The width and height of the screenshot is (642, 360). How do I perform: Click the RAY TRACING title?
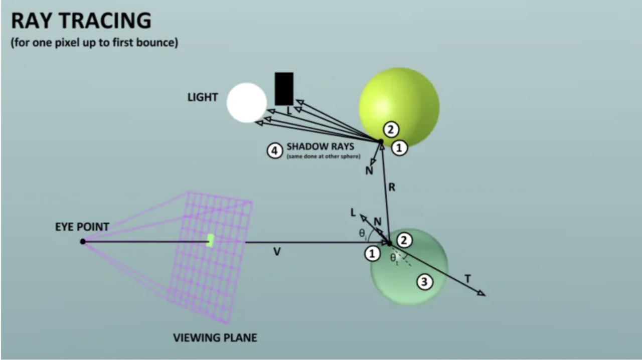pyautogui.click(x=81, y=21)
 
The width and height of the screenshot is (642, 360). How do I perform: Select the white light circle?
pyautogui.click(x=246, y=102)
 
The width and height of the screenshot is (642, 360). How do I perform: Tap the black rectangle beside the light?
pyautogui.click(x=284, y=89)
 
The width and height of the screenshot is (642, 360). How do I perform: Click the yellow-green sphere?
pyautogui.click(x=399, y=105)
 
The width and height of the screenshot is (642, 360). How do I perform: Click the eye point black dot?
pyautogui.click(x=83, y=242)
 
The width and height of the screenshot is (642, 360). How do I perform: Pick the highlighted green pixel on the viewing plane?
pyautogui.click(x=211, y=240)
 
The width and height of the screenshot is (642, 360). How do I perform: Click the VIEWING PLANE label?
pyautogui.click(x=215, y=338)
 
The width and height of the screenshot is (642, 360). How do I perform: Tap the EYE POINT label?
pyautogui.click(x=82, y=227)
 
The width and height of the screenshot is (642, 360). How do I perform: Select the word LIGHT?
pyautogui.click(x=203, y=97)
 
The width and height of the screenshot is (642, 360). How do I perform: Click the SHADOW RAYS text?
pyautogui.click(x=320, y=147)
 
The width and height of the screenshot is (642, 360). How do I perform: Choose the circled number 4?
pyautogui.click(x=274, y=150)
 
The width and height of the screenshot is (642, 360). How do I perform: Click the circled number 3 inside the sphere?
pyautogui.click(x=424, y=282)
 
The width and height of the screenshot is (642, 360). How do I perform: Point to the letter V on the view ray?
pyautogui.click(x=277, y=252)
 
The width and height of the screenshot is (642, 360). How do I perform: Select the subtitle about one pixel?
pyautogui.click(x=94, y=43)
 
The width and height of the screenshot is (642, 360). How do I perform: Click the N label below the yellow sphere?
pyautogui.click(x=369, y=171)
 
